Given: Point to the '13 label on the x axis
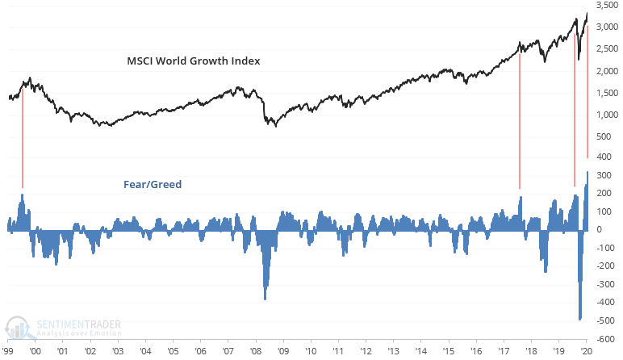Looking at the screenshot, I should [393, 353].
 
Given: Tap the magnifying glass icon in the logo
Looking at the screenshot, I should [18, 327].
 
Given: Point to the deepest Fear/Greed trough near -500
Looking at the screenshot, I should [580, 318].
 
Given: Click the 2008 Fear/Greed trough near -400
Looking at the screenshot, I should [265, 297].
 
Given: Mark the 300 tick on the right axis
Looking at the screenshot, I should [604, 174].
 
